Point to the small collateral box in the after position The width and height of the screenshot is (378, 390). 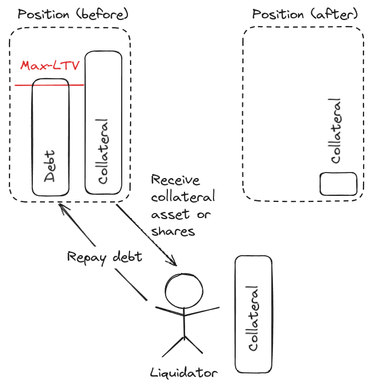tap(339, 184)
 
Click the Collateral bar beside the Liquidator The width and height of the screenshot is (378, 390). tap(254, 315)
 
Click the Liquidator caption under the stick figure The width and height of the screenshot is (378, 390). tap(184, 372)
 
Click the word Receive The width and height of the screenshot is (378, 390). tap(175, 181)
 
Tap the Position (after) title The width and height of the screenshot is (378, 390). tap(305, 14)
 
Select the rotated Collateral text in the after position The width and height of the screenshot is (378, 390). tap(335, 131)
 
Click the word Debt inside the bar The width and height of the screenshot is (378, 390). tap(51, 166)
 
